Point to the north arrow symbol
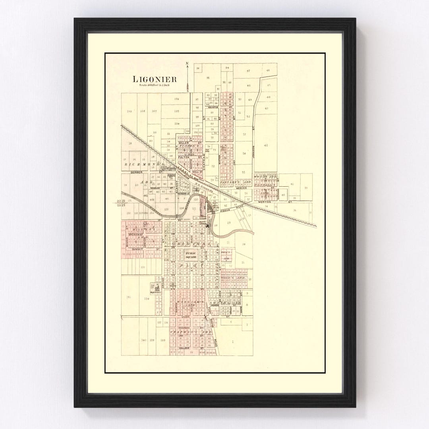(187, 75)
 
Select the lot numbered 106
(176, 99)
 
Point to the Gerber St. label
(136, 172)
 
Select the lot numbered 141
(128, 297)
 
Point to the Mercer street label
(241, 188)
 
